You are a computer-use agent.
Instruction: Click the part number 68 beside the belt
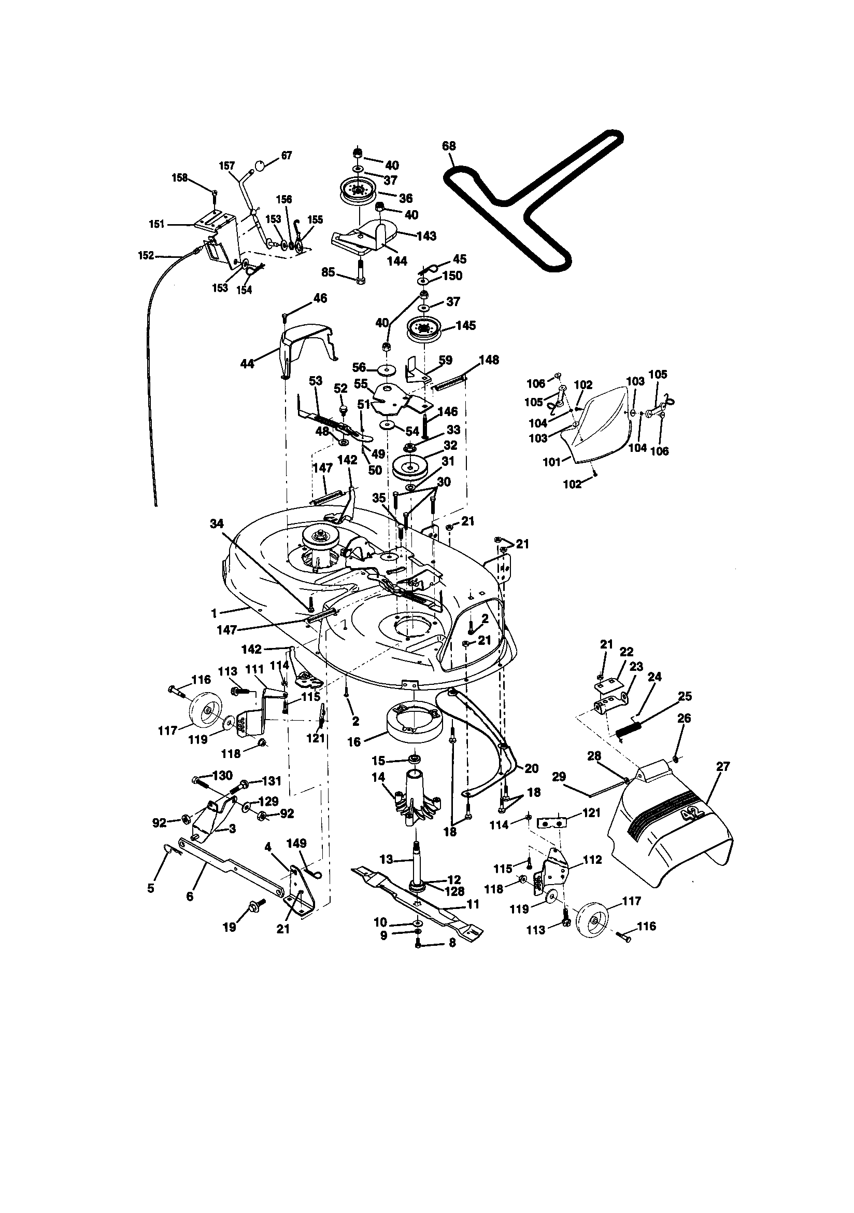(449, 146)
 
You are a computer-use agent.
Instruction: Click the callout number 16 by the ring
(353, 742)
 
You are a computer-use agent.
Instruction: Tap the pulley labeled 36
(359, 191)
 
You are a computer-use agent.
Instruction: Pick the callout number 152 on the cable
(146, 256)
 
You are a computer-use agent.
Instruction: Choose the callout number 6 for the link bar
(190, 896)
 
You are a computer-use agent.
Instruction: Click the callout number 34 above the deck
(217, 523)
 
